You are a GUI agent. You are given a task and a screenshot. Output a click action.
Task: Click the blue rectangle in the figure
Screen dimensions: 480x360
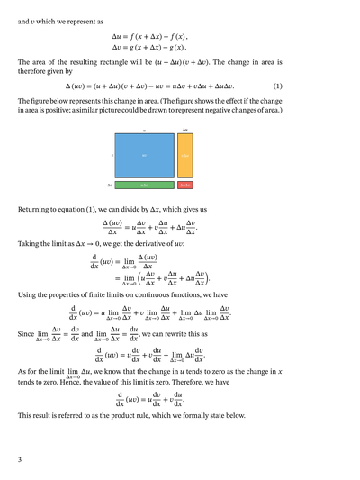[x=144, y=156]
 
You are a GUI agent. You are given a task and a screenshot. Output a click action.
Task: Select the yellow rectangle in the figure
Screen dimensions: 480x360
[x=184, y=156]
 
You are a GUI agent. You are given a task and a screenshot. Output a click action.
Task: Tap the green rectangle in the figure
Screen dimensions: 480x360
[x=144, y=185]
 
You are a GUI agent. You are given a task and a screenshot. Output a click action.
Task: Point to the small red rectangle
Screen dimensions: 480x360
[x=184, y=185]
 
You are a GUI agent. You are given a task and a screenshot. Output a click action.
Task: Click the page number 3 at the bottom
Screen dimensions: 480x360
[x=19, y=460]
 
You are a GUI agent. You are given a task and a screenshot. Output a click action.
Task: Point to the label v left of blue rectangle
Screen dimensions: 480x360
[x=112, y=156]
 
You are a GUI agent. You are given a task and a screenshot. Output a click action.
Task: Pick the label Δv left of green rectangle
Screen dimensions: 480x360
[x=110, y=185]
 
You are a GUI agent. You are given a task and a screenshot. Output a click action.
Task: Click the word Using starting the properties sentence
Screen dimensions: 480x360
[x=28, y=294]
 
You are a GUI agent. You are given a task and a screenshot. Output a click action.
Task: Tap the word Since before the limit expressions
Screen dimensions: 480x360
[x=26, y=333]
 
